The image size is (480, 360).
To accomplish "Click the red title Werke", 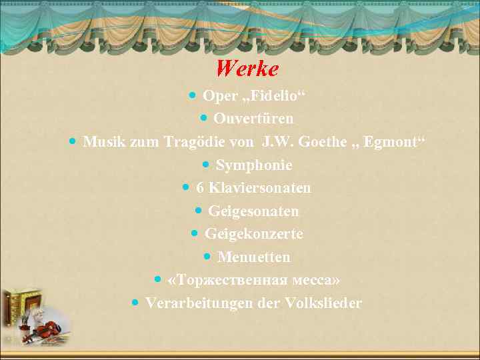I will (x=247, y=68).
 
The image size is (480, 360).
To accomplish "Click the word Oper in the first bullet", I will (x=219, y=96).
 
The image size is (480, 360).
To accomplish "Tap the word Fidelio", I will (x=276, y=96).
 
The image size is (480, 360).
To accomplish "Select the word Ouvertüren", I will (x=254, y=119).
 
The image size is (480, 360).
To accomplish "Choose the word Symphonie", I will (x=254, y=165).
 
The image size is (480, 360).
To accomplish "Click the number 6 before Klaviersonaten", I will (x=200, y=188).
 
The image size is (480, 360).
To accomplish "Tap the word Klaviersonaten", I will (x=259, y=188).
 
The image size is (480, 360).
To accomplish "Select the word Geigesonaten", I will (x=253, y=211).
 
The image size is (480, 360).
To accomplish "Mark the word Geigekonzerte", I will (x=253, y=234).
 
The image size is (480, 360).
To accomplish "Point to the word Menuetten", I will (x=253, y=257).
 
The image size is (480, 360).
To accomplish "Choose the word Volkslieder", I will (x=323, y=303).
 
